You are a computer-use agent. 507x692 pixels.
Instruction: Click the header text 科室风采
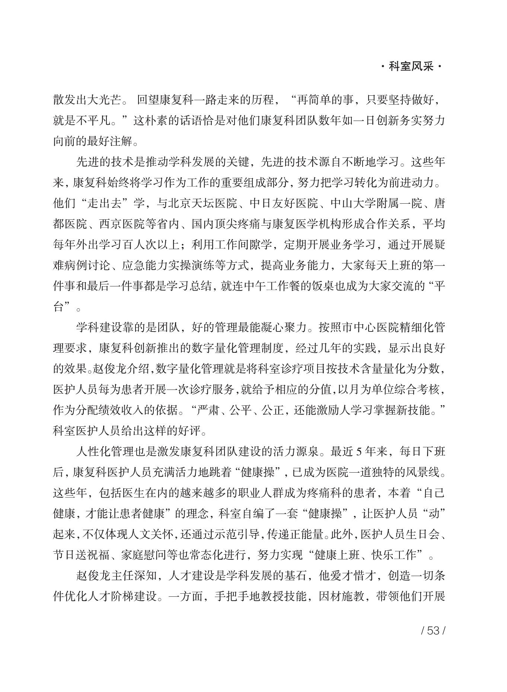[x=411, y=67]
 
